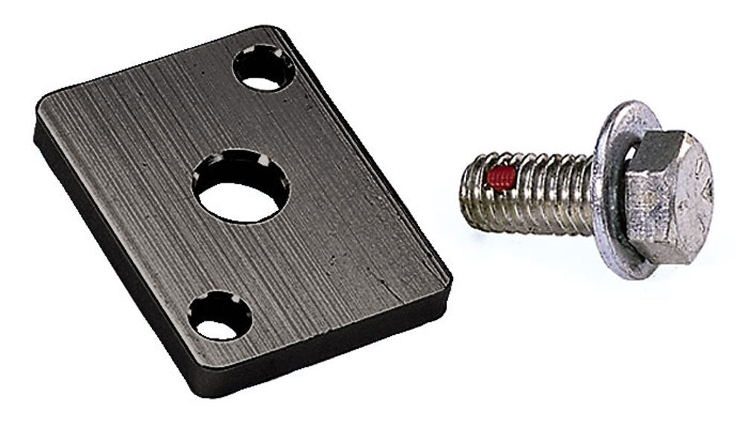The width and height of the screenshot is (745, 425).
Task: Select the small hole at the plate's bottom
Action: pos(218,318)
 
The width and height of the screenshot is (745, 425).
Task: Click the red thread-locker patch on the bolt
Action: pos(501,177)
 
